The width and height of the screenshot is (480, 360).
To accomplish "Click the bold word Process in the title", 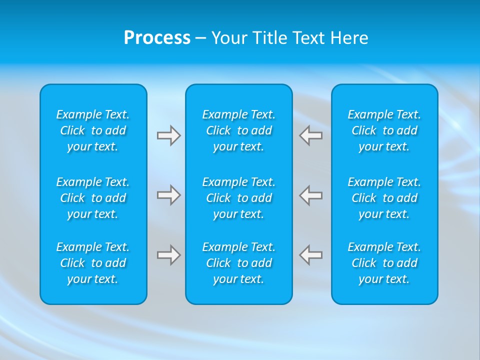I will click(x=157, y=38).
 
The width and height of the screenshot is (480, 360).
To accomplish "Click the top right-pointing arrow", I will click(x=169, y=135).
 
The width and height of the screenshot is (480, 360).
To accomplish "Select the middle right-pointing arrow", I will click(x=169, y=195).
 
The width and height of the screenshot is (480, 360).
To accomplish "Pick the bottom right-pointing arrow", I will click(x=169, y=255).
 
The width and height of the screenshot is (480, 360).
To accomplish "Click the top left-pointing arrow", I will click(x=310, y=135).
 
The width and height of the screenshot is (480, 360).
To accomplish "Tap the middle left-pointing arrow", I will click(x=310, y=195).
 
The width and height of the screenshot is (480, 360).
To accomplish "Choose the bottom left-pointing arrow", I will click(x=310, y=255).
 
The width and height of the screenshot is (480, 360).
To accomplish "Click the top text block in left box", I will click(x=93, y=130).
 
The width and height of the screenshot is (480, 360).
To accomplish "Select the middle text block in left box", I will click(x=93, y=198).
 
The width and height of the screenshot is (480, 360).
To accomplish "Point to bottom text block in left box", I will click(x=93, y=263).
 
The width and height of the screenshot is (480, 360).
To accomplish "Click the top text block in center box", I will click(x=239, y=130).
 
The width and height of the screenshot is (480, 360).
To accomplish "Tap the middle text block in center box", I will click(x=239, y=198).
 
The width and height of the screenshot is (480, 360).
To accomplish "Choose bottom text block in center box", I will click(x=239, y=263).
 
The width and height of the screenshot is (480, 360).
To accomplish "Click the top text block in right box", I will click(x=384, y=130).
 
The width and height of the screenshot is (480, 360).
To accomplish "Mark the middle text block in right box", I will click(x=384, y=198).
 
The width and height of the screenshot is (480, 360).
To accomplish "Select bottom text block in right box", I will click(x=384, y=263).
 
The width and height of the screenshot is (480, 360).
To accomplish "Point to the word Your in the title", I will click(x=228, y=38).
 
